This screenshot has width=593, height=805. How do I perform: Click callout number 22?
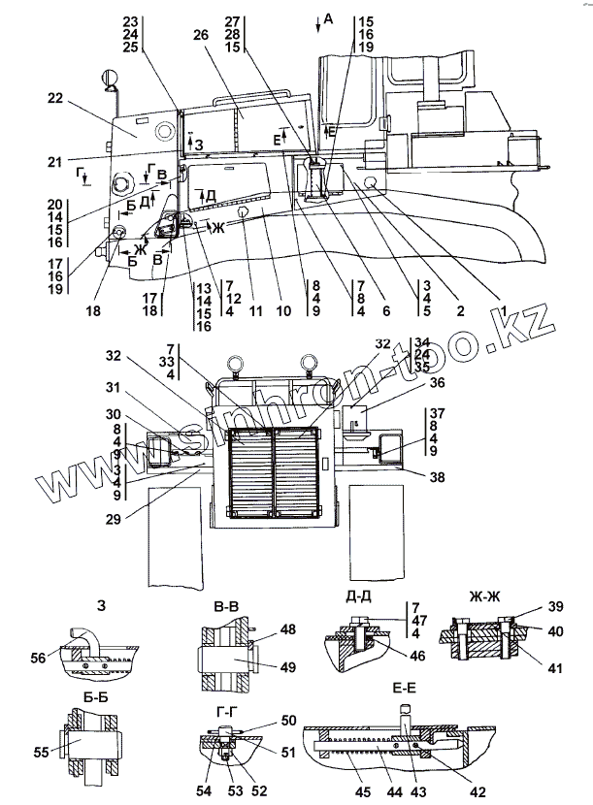(53, 98)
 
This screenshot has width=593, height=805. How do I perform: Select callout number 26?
(200, 35)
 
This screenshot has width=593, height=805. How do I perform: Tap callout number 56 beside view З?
(65, 657)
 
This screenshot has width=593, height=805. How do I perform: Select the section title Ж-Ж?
(472, 594)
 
